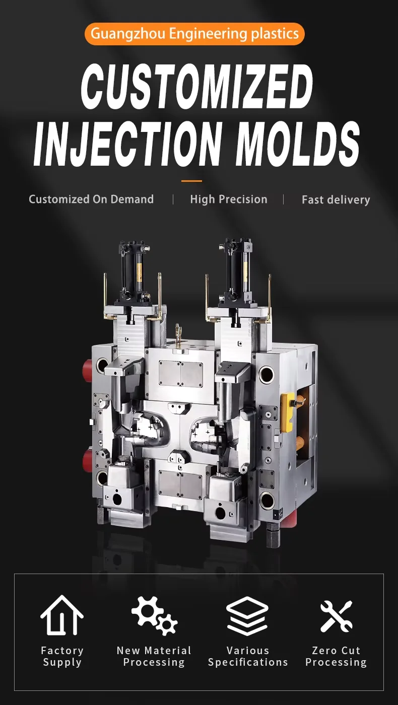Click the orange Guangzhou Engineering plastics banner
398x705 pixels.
tap(194, 34)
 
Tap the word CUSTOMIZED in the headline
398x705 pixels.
tap(197, 86)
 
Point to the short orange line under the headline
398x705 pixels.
tap(191, 181)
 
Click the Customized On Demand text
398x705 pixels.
tap(91, 199)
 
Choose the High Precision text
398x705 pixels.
tap(229, 199)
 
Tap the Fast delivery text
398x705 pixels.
tap(336, 200)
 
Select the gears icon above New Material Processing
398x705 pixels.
tap(154, 615)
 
